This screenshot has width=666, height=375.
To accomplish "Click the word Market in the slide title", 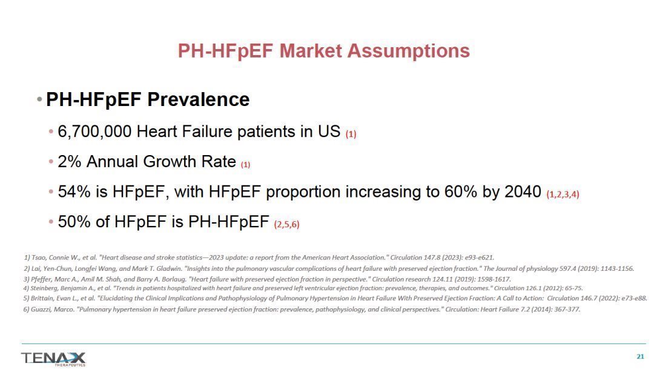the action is pos(311,51).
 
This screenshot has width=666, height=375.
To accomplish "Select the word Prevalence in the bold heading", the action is pos(199,99).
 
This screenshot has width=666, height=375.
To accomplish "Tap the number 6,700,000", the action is pos(94,132).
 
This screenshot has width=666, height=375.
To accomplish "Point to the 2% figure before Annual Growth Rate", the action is pos(69,162).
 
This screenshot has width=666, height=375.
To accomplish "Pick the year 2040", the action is pos(523,192).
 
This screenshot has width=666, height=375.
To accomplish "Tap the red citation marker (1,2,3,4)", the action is pos(563,194).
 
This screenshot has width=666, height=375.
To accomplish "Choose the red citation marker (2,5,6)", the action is pos(287,224).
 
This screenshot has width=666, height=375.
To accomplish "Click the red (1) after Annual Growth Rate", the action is pos(245,165).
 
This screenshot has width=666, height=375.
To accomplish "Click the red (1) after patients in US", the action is pos(351,134).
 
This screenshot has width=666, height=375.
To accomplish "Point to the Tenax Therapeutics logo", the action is pos(53,359).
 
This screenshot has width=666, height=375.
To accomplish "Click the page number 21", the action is pos(641,356).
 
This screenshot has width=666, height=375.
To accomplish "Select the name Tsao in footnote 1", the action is pos(39,257).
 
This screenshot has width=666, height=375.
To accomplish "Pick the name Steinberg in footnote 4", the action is pos(44,288).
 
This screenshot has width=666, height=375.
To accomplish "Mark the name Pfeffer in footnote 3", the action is pos(41,280).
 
